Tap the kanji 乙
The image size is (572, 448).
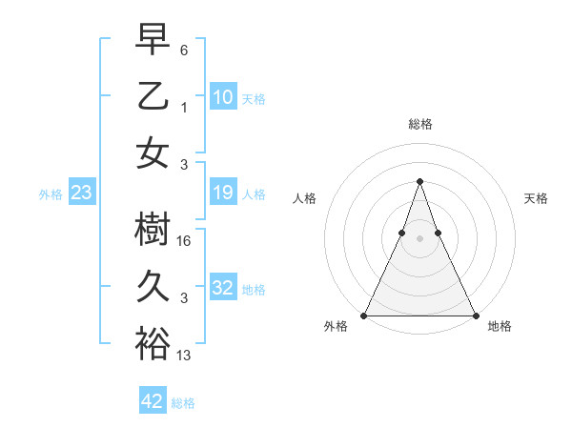pyautogui.click(x=153, y=96)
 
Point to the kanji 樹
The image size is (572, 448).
pyautogui.click(x=153, y=230)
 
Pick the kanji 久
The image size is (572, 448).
pyautogui.click(x=153, y=287)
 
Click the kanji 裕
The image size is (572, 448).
pyautogui.click(x=153, y=344)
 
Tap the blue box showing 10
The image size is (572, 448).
pyautogui.click(x=223, y=97)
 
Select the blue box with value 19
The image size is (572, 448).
pyautogui.click(x=223, y=193)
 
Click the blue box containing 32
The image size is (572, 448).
pyautogui.click(x=223, y=289)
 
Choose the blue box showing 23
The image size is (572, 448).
pyautogui.click(x=82, y=193)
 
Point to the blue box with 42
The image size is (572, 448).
pyautogui.click(x=153, y=401)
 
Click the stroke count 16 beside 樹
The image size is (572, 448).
pyautogui.click(x=186, y=242)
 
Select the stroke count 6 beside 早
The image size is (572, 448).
pyautogui.click(x=184, y=49)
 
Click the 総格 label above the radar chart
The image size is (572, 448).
pyautogui.click(x=419, y=125)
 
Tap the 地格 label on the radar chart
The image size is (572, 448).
pyautogui.click(x=500, y=327)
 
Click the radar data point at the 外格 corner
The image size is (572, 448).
pyautogui.click(x=364, y=316)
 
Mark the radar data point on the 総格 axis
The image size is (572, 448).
pyautogui.click(x=419, y=181)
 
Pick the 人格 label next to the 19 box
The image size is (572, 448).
pyautogui.click(x=254, y=194)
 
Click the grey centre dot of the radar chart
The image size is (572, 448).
pyautogui.click(x=419, y=238)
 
